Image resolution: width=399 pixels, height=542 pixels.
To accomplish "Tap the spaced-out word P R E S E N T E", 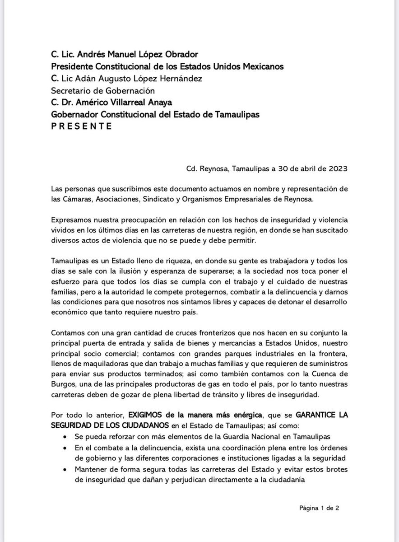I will point(81,127).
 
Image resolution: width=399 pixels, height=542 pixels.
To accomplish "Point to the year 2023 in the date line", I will point(337,169).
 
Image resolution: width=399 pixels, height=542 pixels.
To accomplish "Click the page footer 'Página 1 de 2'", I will point(319,508).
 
